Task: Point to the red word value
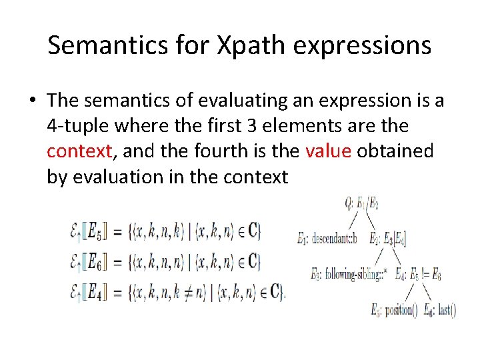tap(328, 151)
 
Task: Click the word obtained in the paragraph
tap(395, 151)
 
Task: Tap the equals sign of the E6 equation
tap(115, 262)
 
